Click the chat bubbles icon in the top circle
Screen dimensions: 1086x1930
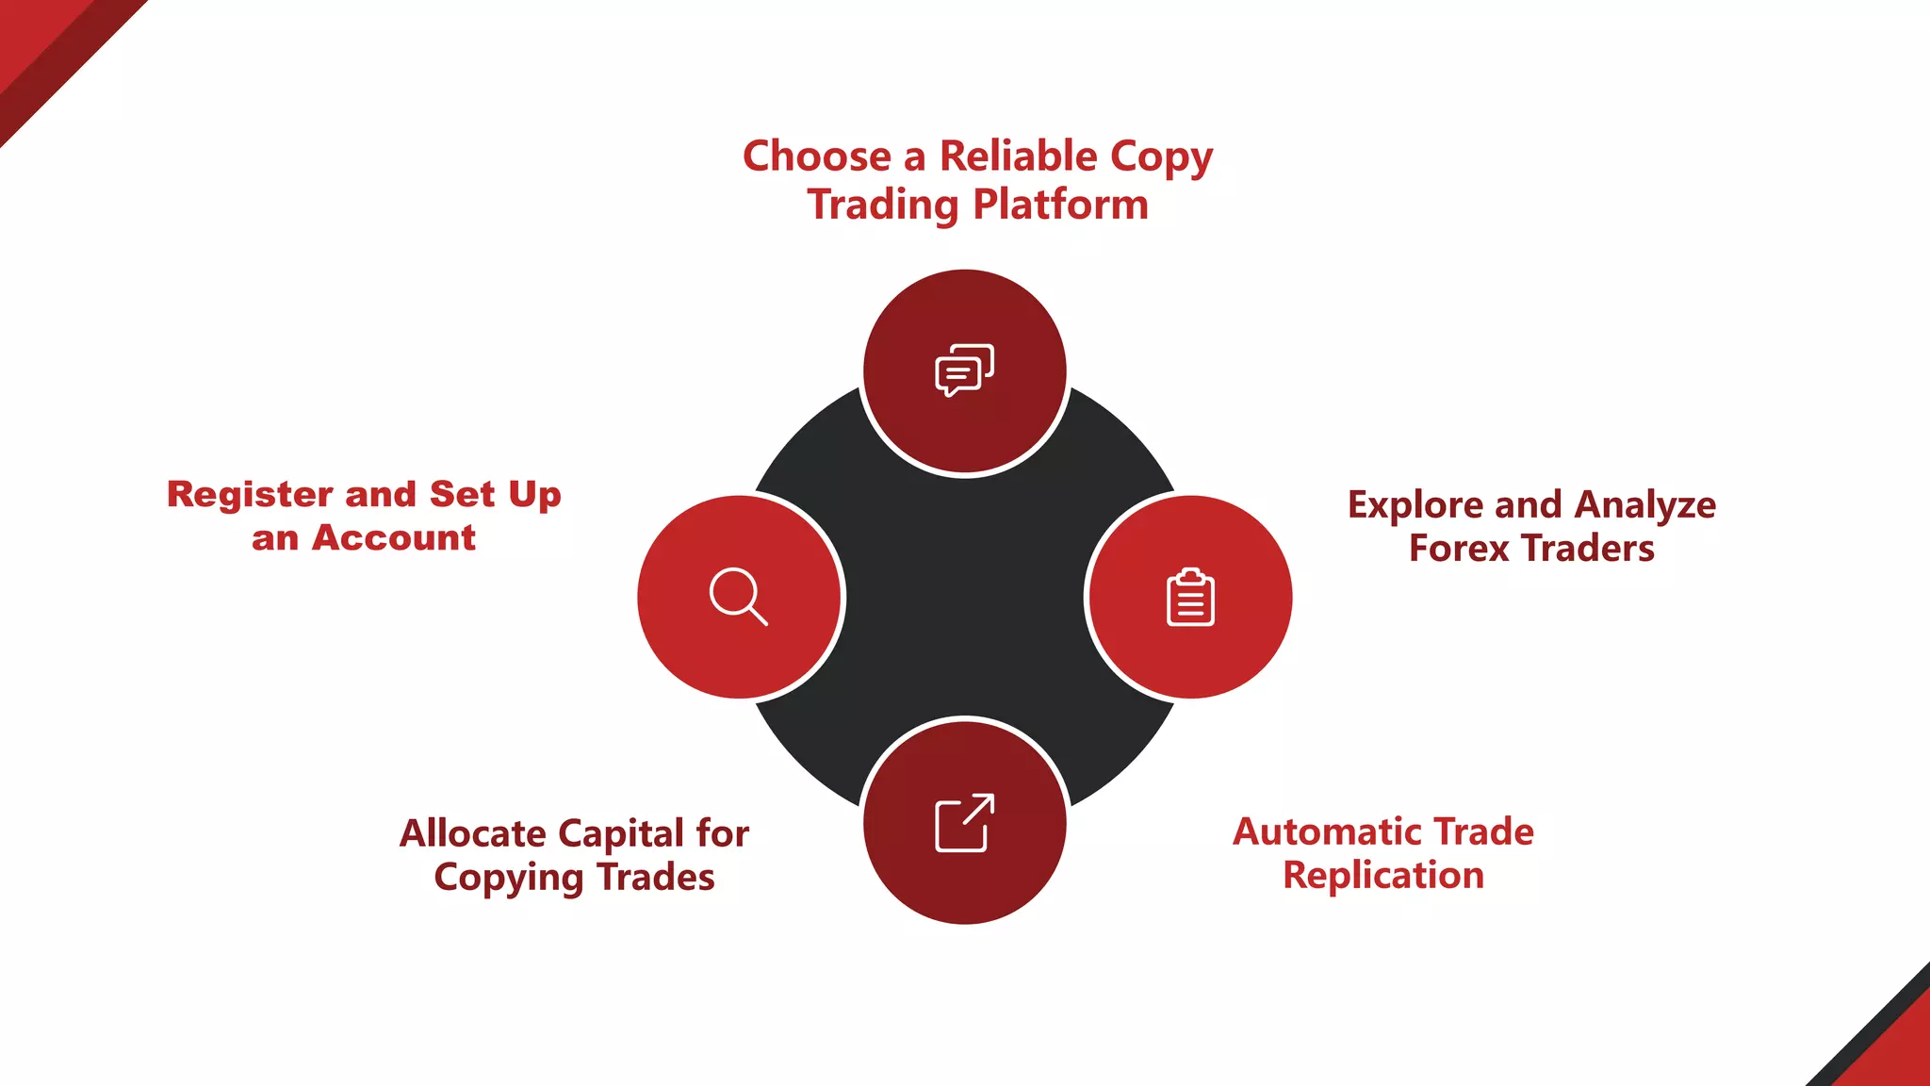tap(964, 370)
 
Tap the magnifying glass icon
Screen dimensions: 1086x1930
tap(738, 597)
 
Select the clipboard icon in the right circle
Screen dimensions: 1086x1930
tap(1190, 598)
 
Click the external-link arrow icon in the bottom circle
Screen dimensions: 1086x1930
tap(964, 823)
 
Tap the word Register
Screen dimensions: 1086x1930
tap(250, 495)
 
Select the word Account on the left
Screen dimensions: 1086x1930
tap(393, 538)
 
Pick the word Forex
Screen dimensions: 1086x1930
tap(1458, 549)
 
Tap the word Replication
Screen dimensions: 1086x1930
tap(1382, 876)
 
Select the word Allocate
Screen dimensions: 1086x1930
tap(472, 834)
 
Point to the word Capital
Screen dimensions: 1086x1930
tap(621, 834)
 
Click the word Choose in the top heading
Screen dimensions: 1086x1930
tap(816, 156)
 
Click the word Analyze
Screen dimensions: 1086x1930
tap(1644, 506)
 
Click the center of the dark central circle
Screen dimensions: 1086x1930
tap(964, 597)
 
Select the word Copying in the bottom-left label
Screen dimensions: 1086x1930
tap(509, 878)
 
